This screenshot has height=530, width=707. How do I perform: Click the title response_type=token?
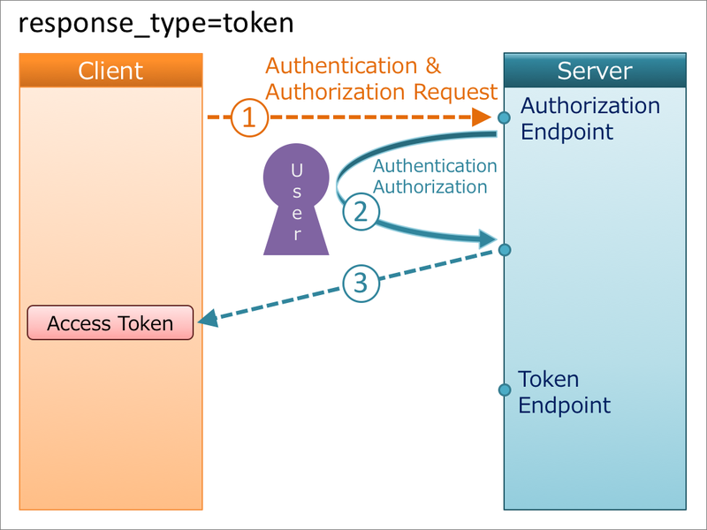coord(156,23)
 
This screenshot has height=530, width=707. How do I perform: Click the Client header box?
coord(110,71)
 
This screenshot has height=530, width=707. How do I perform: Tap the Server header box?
coord(594,71)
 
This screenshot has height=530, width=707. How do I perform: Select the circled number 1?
coord(249,117)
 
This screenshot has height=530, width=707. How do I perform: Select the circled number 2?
coord(360,212)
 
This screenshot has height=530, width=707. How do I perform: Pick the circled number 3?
coord(360,283)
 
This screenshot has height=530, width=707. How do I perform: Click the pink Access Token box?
coord(110,323)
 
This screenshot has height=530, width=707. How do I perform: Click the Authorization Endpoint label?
coord(589,118)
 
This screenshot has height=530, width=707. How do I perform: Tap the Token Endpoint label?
coord(563,392)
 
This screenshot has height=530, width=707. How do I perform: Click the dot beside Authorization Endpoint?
coord(504,117)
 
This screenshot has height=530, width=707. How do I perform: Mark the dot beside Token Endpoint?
coord(504,390)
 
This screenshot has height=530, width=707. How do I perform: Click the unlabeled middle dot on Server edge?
coord(504,250)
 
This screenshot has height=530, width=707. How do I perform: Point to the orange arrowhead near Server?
coord(482,117)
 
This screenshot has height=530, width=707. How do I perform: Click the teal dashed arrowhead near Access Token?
coord(209,321)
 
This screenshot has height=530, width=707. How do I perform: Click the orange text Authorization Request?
coord(382,92)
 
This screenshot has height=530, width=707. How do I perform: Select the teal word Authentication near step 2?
coord(435,166)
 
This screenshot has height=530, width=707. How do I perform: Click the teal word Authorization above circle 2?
coord(430,186)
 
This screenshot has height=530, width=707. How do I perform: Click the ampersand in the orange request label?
coord(431,66)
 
